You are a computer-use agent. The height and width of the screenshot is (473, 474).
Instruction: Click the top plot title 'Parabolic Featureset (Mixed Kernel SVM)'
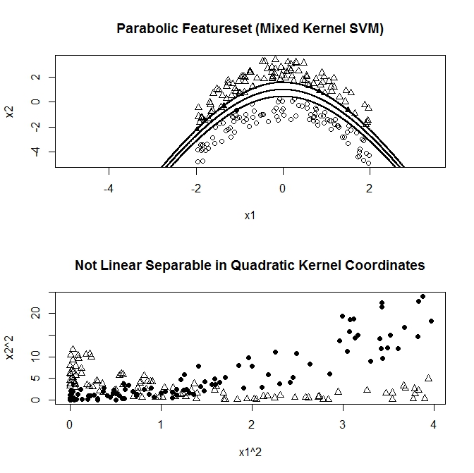click(x=250, y=29)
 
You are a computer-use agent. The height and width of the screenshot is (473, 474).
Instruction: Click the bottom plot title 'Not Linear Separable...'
click(x=250, y=266)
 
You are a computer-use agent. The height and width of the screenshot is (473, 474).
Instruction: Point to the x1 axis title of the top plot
click(x=250, y=216)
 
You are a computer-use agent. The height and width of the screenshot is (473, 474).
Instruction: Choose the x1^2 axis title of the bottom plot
click(x=250, y=452)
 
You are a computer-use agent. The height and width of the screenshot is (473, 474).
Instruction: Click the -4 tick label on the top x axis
click(x=109, y=189)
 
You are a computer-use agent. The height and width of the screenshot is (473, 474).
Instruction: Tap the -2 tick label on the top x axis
click(x=195, y=189)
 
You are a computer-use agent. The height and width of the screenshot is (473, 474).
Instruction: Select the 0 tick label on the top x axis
click(x=283, y=189)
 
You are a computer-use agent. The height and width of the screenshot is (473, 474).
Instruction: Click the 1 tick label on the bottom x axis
click(x=161, y=425)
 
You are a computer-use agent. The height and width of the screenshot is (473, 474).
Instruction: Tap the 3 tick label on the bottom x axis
click(x=343, y=425)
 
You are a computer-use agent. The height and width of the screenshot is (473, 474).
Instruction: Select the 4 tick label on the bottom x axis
click(x=433, y=425)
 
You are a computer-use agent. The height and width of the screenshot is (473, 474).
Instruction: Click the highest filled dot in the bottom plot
click(x=423, y=297)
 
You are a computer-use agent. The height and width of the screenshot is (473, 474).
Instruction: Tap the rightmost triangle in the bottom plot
click(x=428, y=378)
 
